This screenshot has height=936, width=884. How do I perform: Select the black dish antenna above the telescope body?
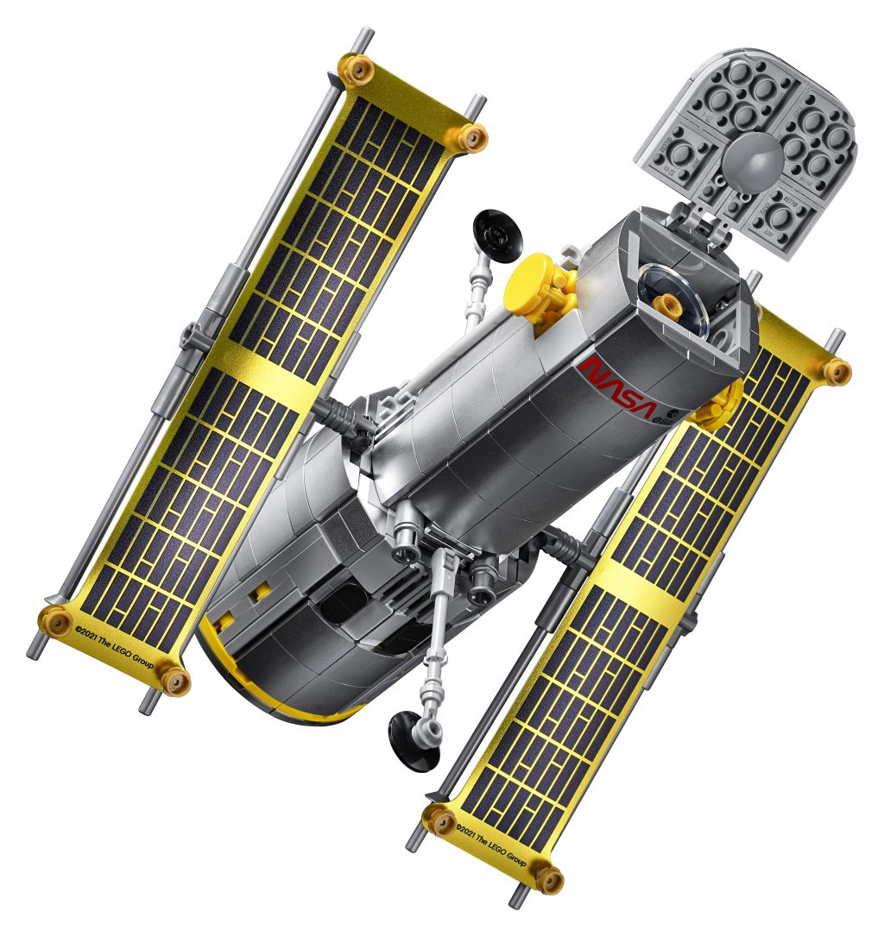click(x=496, y=232)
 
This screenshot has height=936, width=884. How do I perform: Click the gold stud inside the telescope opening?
click(x=666, y=304)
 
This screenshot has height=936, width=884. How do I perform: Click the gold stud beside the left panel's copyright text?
click(x=56, y=618)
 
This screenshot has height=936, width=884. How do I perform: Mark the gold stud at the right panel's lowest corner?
click(x=547, y=879)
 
